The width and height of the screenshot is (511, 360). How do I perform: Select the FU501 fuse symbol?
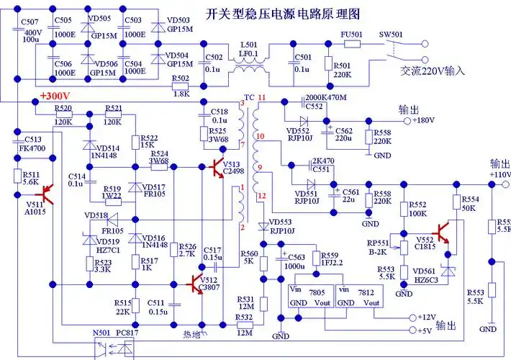pos(352,44)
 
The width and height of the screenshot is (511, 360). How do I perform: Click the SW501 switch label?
pos(392,33)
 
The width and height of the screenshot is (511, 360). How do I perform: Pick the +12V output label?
pos(427,317)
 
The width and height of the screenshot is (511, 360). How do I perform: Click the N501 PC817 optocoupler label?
pos(115,333)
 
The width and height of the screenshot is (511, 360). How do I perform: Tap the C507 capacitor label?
pos(31,22)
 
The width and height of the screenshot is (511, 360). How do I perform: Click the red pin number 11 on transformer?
pos(261,97)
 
